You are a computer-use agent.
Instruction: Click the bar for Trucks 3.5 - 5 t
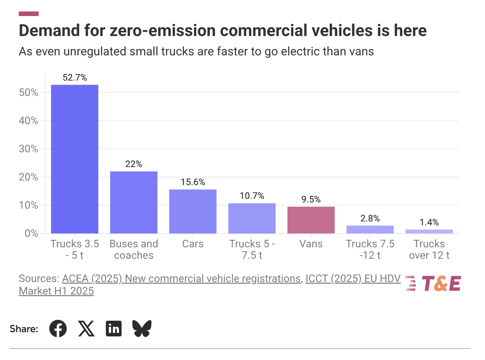(75, 159)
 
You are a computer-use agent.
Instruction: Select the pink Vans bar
(311, 220)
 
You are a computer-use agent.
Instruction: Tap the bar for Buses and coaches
(134, 202)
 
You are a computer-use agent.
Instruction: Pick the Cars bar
(193, 211)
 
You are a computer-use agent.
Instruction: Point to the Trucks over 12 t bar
(429, 232)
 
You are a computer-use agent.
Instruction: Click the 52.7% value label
(75, 78)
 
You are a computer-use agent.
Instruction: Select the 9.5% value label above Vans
(311, 199)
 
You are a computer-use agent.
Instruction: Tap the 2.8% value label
(370, 218)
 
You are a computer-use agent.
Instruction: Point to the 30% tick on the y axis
(29, 149)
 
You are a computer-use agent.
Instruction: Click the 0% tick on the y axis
(31, 234)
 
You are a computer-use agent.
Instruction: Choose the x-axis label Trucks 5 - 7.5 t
(252, 249)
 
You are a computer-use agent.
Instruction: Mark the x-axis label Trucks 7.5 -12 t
(370, 249)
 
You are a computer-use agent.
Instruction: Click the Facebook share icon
(58, 329)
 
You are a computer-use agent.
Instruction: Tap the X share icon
(86, 329)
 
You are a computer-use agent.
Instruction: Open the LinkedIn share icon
(114, 329)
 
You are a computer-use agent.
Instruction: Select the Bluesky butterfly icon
(142, 329)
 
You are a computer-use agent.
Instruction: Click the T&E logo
(433, 283)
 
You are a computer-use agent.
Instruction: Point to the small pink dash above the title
(29, 14)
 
